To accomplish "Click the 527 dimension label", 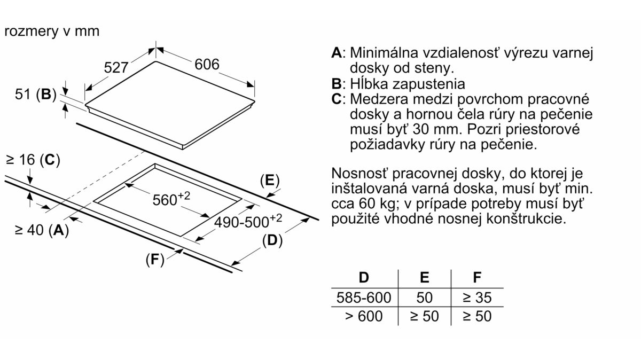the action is [116, 68].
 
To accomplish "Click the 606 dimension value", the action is [207, 64].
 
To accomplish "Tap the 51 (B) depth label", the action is [36, 94].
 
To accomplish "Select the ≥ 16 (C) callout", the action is [33, 160].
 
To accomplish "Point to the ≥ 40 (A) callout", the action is [42, 230].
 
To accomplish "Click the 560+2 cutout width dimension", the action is [171, 199].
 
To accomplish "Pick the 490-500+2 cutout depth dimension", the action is [248, 221].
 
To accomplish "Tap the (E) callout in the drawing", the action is [270, 181].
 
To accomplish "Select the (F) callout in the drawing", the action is [155, 260].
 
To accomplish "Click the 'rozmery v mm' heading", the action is [52, 31].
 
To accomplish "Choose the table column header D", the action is [364, 277].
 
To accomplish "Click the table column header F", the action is [477, 277].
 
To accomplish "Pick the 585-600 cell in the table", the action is [364, 298].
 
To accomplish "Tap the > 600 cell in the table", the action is [364, 316].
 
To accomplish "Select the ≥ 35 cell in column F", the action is [477, 298].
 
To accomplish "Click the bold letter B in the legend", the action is [337, 84].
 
